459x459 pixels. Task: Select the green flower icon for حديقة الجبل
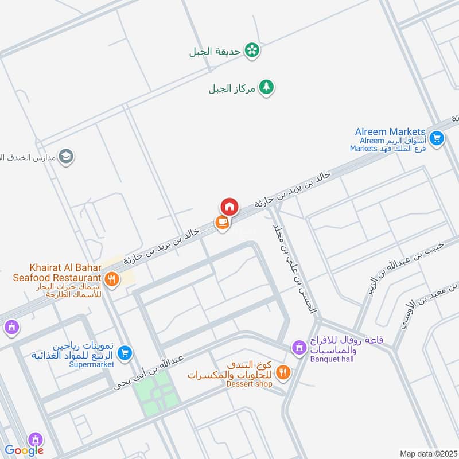coord(251,50)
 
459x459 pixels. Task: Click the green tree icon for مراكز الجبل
coord(266,87)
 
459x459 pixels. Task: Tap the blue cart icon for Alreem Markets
coord(437,138)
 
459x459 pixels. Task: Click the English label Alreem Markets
coord(390,131)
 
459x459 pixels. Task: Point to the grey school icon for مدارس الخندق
coord(66,157)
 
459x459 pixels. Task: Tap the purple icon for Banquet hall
coord(298,347)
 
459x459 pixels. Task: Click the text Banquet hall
coord(332,359)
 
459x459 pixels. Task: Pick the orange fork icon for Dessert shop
coord(282,373)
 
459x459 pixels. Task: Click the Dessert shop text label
coord(248,384)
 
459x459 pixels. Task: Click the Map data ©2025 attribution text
coord(427,453)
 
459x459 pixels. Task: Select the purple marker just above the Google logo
coord(36,439)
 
